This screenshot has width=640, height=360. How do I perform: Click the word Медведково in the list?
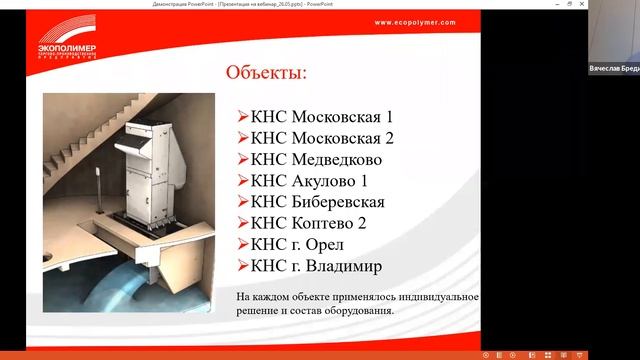[x=336, y=158]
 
